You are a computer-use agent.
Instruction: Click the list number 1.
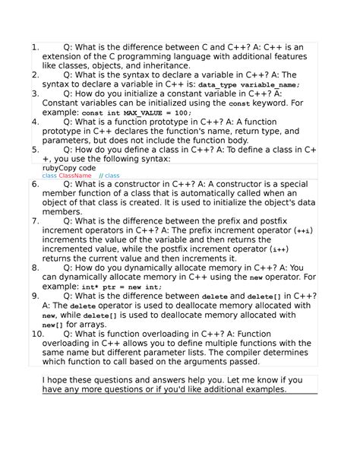click(35, 47)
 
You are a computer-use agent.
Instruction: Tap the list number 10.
click(37, 333)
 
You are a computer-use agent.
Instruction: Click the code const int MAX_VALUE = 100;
click(137, 113)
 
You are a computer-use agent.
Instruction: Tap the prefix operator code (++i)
click(302, 230)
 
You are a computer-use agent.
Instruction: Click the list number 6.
click(35, 184)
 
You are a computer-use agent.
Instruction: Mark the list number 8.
click(35, 268)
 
